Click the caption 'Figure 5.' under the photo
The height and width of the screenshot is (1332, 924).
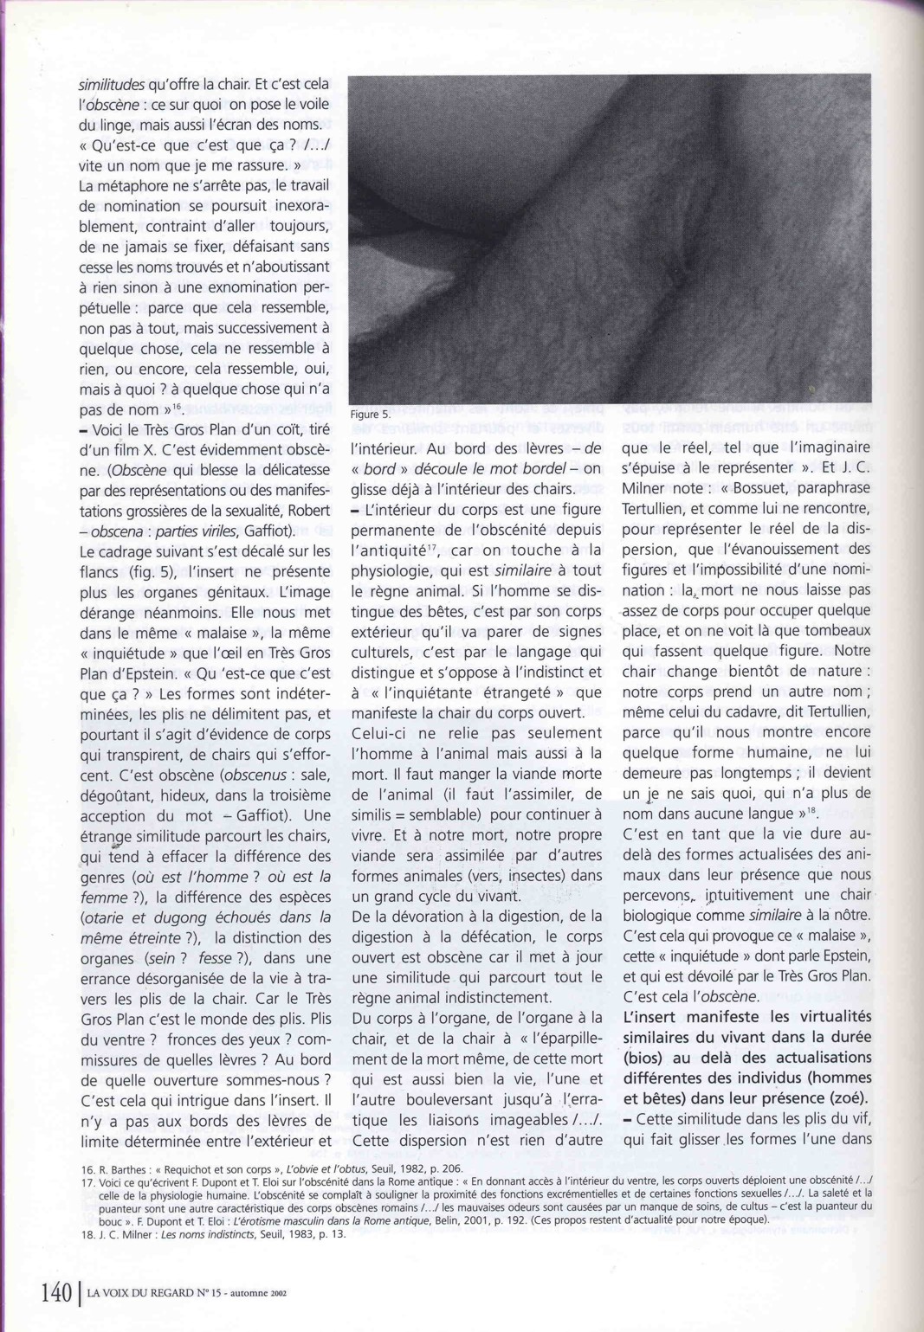(x=371, y=415)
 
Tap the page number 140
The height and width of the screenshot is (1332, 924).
(x=55, y=1293)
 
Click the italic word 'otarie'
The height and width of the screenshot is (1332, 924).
(x=103, y=917)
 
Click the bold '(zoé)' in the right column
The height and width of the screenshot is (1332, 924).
(x=843, y=1098)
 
